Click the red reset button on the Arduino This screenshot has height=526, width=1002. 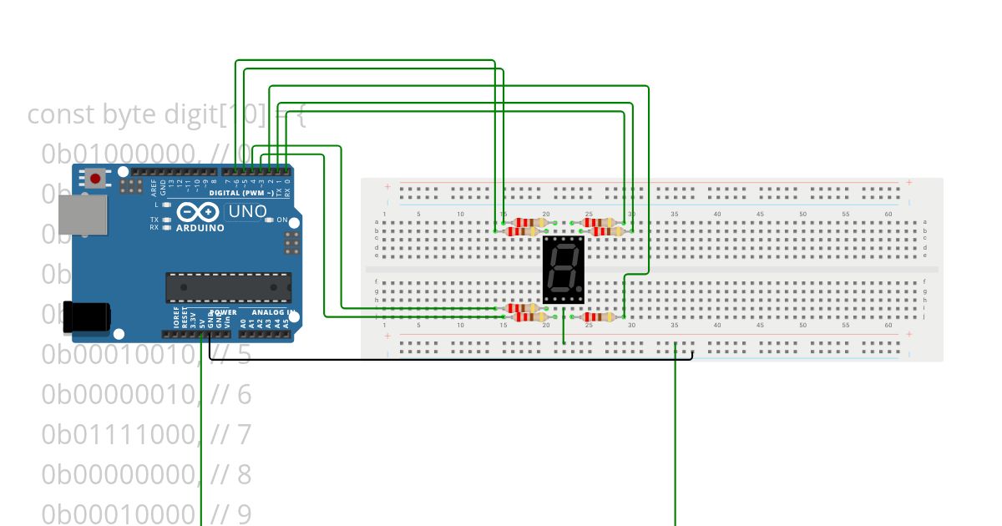96,178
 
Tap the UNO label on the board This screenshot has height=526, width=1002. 247,211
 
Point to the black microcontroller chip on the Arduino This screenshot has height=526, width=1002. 228,286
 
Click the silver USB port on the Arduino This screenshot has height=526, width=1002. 83,215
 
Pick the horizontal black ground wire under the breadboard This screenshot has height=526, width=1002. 451,360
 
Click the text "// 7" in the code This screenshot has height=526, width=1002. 231,434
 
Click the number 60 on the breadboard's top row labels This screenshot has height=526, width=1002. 888,215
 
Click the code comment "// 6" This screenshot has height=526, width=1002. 231,394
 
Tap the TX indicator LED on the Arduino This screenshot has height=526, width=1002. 166,220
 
